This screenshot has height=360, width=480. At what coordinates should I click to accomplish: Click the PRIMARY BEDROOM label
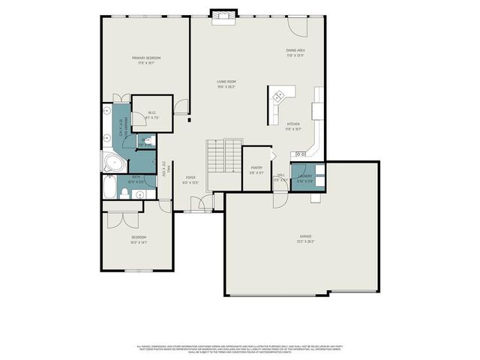tap(147, 58)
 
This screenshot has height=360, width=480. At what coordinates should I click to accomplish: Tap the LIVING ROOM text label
tap(226, 81)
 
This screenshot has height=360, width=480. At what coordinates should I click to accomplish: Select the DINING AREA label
tap(295, 50)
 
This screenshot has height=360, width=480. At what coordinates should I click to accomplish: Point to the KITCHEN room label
tap(293, 124)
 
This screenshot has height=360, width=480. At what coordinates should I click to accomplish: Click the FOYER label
tap(190, 177)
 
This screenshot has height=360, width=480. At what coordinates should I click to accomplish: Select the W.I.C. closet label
tap(151, 113)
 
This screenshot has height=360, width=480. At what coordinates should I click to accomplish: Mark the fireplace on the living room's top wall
tap(222, 16)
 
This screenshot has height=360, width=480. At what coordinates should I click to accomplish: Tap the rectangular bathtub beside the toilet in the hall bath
tap(109, 189)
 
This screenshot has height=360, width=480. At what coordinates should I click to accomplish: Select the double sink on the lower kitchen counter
tap(310, 152)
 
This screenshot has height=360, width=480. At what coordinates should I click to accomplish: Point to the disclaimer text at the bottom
tap(240, 348)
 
